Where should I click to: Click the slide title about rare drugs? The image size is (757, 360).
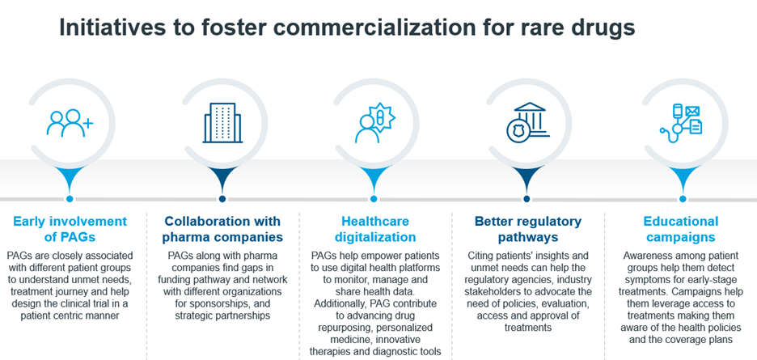347,28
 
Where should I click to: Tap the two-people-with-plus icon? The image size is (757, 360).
70,123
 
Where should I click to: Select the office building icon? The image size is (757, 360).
222,123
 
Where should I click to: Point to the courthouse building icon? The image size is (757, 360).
527,122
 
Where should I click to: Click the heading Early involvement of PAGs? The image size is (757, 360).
70,229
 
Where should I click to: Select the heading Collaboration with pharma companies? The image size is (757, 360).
222,229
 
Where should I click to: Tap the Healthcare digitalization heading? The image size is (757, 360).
375,229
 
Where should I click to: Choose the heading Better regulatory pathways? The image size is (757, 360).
527,229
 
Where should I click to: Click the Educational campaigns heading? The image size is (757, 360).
681,229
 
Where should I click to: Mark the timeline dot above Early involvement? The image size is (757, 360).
70,198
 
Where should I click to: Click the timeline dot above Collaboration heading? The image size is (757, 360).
222,198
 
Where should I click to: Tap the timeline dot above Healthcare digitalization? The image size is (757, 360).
373,198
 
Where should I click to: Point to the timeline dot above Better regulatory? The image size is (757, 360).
527,198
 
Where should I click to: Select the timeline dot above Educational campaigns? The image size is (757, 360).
682,198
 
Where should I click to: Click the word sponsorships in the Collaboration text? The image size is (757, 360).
228,304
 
